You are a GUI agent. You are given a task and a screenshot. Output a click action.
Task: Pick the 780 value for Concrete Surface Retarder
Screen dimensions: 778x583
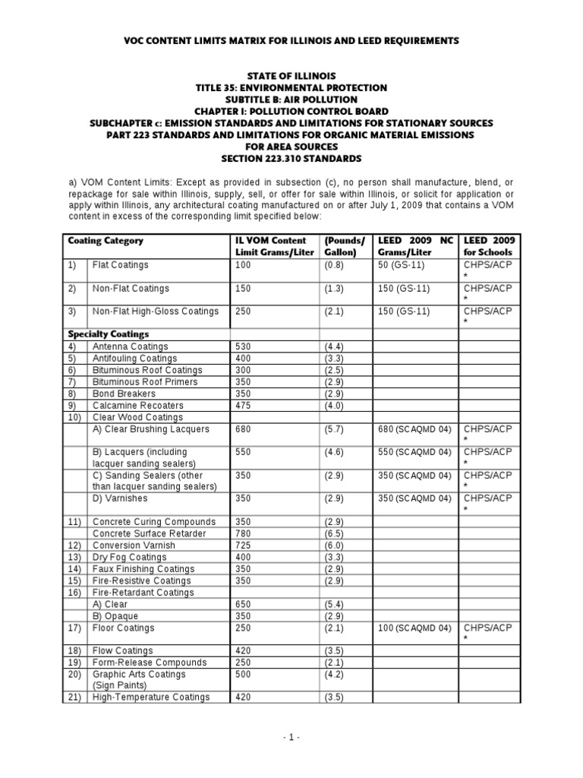click(244, 533)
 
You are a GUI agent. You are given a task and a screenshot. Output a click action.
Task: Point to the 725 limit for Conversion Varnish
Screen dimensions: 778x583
click(244, 545)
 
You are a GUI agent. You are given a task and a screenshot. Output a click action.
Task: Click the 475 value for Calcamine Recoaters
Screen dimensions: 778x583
click(244, 405)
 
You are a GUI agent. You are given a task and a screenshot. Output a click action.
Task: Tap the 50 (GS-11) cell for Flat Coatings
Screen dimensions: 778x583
click(403, 265)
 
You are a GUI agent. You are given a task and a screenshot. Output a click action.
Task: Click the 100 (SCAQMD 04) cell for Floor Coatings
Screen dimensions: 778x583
click(414, 628)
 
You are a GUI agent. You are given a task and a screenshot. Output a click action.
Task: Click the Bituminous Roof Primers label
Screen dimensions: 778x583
click(144, 381)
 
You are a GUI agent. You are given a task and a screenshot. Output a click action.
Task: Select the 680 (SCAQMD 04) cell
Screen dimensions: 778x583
click(414, 429)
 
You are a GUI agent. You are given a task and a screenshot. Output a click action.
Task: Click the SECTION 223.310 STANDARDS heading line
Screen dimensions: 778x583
click(291, 159)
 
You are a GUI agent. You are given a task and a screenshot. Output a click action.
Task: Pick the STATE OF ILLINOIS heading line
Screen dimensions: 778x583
click(291, 76)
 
